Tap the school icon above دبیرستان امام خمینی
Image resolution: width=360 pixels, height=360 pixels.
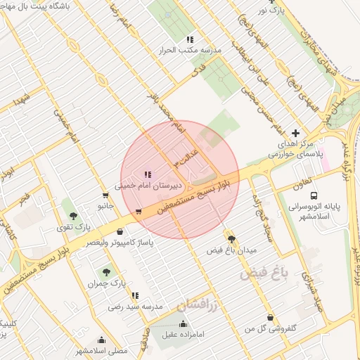148,174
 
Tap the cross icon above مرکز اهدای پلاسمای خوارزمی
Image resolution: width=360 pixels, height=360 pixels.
295,132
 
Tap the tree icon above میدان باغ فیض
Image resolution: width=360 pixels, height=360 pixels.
231,239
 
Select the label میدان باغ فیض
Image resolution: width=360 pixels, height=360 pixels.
232,250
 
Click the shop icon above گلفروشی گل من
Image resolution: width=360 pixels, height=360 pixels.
270,317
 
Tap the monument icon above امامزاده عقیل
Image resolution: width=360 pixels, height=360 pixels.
184,323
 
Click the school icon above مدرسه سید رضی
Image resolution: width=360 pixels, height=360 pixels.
135,296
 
